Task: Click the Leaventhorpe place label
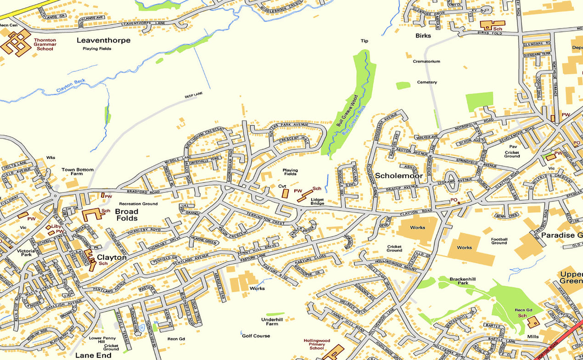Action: [x=103, y=40]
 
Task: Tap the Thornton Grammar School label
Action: [x=45, y=44]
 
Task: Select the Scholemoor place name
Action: [x=398, y=175]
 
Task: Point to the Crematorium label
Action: [x=426, y=61]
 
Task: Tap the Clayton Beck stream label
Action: [x=71, y=86]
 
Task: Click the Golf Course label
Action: [x=256, y=336]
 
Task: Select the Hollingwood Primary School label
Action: [x=316, y=344]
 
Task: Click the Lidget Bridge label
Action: [x=317, y=201]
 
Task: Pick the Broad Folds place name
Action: [x=126, y=214]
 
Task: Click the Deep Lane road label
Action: [x=193, y=95]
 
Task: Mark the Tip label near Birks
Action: [x=364, y=41]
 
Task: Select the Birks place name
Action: [x=423, y=35]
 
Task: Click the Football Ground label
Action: [x=499, y=241]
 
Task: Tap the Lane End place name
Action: [x=93, y=355]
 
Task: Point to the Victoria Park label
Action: [x=26, y=253]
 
